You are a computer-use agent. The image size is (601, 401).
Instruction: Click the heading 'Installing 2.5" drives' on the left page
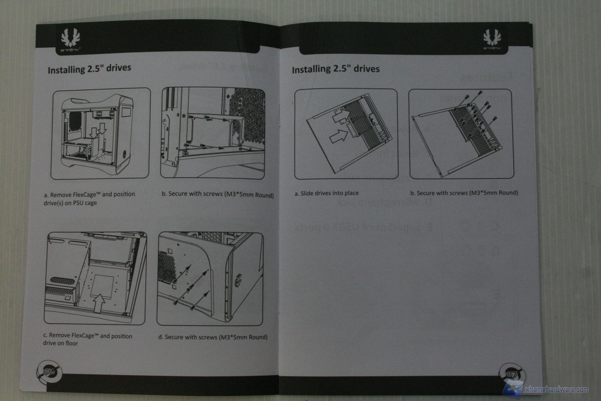89,69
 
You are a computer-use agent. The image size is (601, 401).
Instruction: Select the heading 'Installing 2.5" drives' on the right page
336,69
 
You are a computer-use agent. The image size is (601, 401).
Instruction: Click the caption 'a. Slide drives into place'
327,193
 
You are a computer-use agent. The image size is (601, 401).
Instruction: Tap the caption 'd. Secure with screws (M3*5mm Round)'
213,337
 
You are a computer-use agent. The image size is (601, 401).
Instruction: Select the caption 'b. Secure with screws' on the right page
464,193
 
